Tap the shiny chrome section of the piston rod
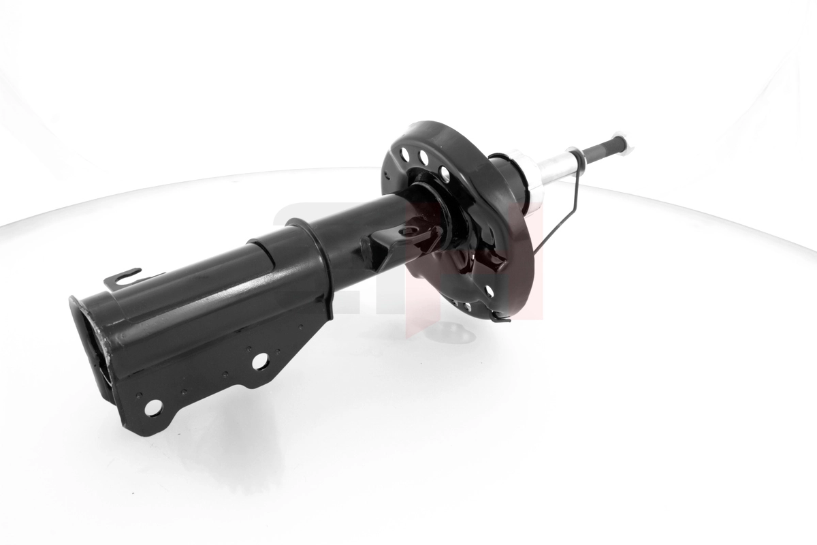click(x=555, y=167)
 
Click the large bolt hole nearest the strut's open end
click(x=153, y=407)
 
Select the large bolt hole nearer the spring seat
click(x=260, y=362)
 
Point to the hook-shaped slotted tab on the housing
click(x=126, y=277)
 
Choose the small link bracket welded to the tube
click(x=395, y=242)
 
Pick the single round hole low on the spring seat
click(x=489, y=291)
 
